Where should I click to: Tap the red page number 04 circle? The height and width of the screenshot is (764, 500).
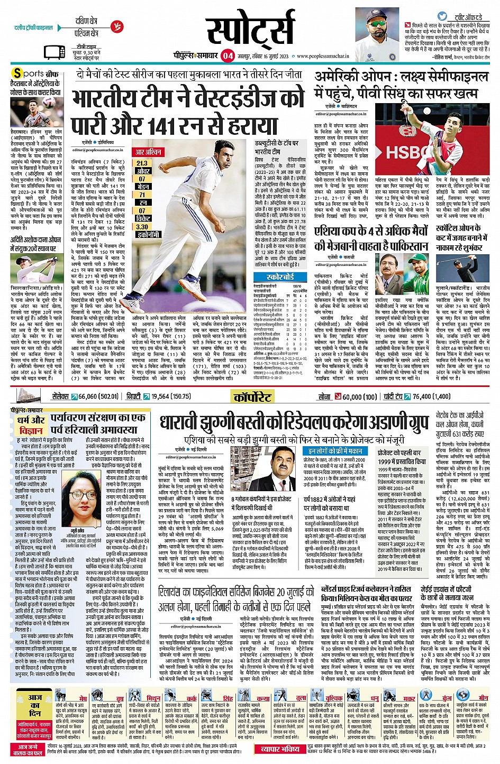(x=228, y=56)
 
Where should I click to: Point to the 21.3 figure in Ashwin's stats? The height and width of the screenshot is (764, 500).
(x=142, y=163)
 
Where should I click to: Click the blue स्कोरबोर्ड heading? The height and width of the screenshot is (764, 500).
(x=280, y=277)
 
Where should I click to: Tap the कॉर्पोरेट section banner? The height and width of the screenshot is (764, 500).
(x=252, y=397)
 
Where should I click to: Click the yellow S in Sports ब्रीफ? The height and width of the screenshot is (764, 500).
(x=18, y=73)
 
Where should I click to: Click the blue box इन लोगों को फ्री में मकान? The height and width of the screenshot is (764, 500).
(x=335, y=450)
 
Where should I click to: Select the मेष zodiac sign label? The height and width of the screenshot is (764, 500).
(x=83, y=698)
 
